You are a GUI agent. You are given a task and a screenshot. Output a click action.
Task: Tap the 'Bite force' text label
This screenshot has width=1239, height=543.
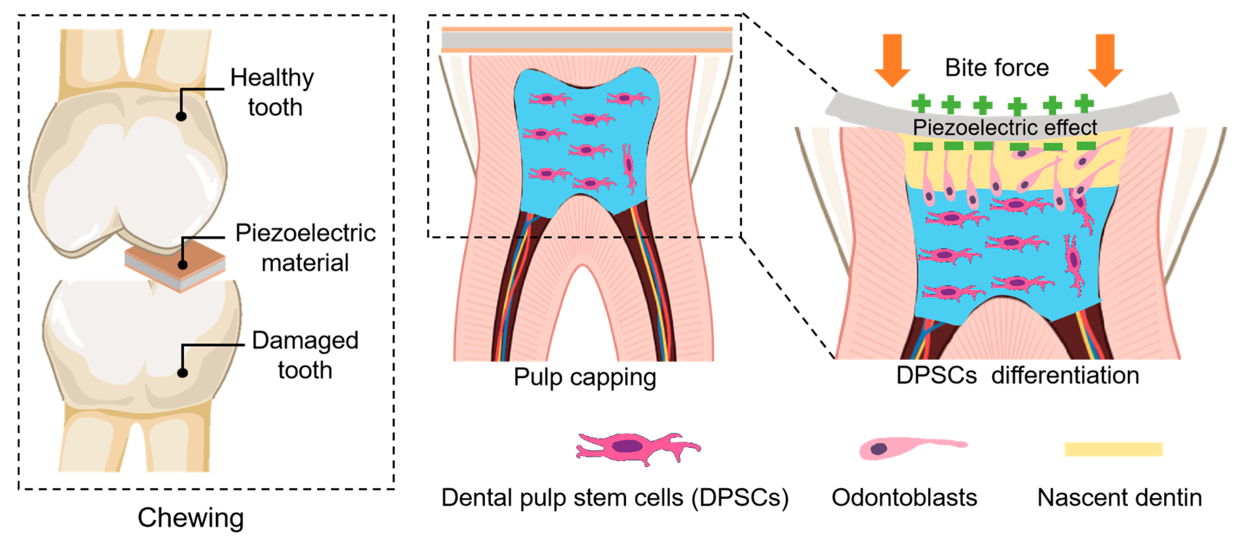pos(997,68)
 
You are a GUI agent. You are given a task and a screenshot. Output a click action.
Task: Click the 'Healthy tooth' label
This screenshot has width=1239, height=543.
pos(273,92)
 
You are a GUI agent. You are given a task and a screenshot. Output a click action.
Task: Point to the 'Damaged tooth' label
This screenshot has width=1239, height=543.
pos(305,355)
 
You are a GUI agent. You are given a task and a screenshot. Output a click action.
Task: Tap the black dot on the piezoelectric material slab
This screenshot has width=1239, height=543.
pos(182,264)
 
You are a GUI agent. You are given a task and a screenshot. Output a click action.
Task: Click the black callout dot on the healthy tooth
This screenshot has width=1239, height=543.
pos(181,116)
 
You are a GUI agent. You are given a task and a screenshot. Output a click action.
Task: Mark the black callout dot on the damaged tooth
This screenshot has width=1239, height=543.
pos(182,373)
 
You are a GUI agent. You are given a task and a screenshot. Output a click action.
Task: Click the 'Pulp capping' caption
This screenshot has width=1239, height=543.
pos(584,377)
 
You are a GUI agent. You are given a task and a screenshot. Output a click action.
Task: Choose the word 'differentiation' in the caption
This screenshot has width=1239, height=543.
pos(1065,375)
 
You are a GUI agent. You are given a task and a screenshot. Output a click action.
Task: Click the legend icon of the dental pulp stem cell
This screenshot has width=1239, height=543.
pos(637,447)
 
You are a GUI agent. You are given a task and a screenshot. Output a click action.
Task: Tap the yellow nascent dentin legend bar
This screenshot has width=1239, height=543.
pos(1113,449)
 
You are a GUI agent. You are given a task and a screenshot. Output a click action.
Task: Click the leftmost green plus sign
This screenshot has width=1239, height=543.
pos(920,103)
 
